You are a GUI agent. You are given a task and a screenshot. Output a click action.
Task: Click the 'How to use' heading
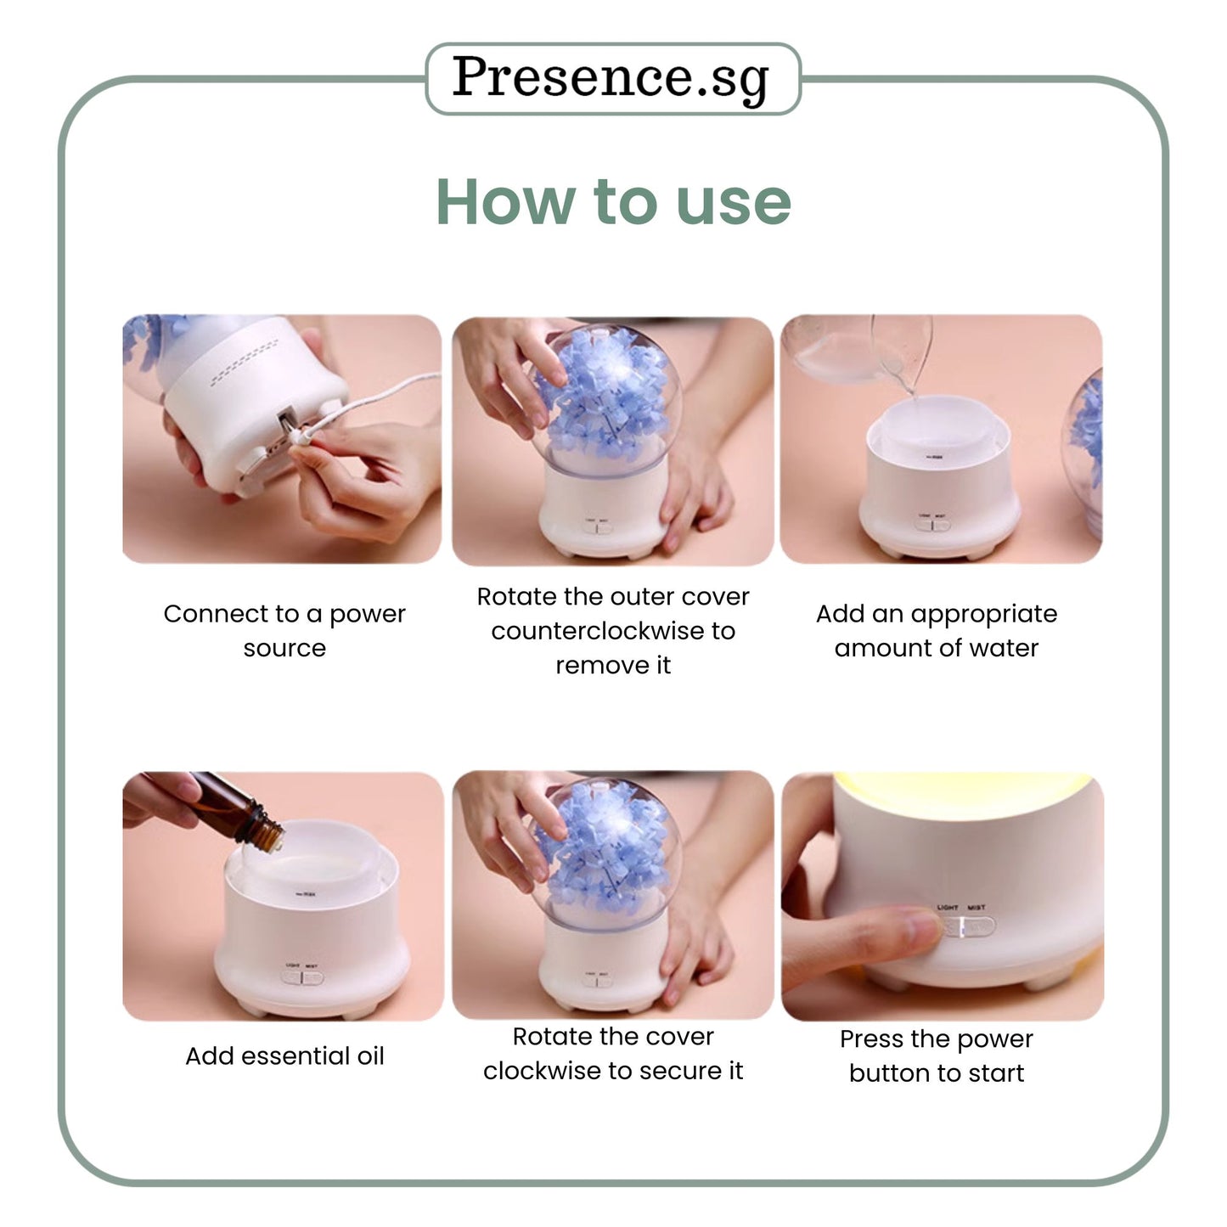tap(613, 202)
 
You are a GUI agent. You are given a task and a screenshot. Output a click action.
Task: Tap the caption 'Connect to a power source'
tap(284, 630)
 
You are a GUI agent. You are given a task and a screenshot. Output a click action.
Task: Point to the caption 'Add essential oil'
tap(284, 1056)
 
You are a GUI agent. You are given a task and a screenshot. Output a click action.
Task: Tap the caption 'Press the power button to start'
tap(936, 1056)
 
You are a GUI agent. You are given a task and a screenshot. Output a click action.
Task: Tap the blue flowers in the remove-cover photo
tap(604, 396)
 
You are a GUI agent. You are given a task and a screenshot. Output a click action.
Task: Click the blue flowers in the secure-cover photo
tap(604, 849)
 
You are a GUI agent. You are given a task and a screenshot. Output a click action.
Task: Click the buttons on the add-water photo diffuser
tap(932, 526)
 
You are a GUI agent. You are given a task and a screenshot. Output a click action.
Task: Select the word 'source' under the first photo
tap(284, 648)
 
